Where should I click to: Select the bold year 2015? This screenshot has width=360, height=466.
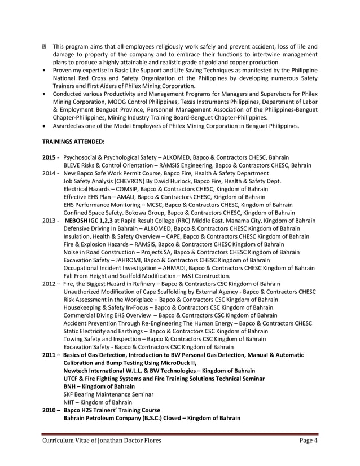[x=49, y=157]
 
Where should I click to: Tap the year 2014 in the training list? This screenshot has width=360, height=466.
[x=49, y=173]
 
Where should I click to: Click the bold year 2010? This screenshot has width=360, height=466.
[x=49, y=410]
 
